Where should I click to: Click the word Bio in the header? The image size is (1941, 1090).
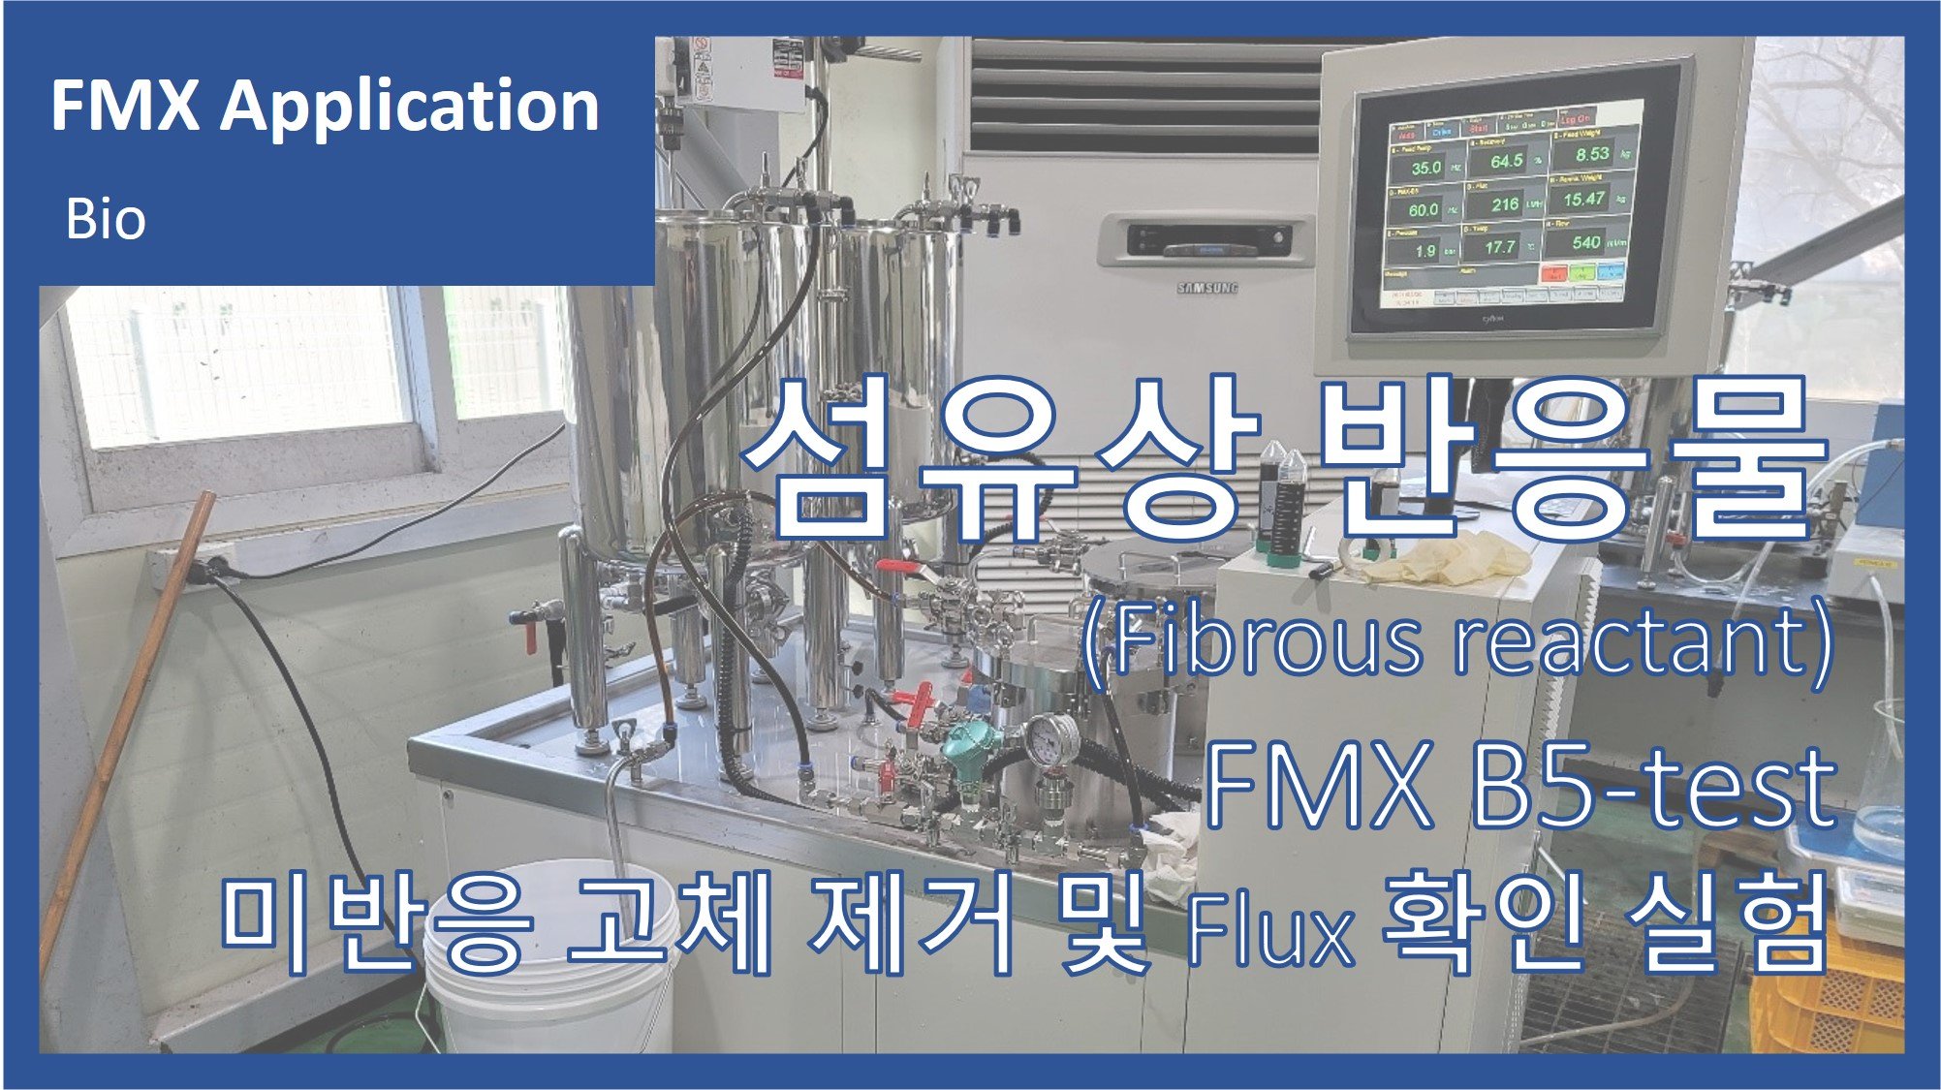click(x=106, y=220)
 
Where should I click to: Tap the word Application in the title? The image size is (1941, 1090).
click(x=409, y=107)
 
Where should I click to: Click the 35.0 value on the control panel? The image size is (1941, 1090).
click(x=1425, y=168)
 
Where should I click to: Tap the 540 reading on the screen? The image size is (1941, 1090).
click(x=1585, y=242)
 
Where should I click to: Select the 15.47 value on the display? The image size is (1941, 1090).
click(x=1583, y=200)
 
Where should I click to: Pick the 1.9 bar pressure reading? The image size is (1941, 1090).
click(x=1424, y=252)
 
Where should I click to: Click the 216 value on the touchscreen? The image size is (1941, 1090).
click(x=1504, y=204)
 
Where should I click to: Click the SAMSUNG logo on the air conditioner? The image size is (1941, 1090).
click(x=1206, y=288)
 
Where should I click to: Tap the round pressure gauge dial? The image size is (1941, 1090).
click(x=1054, y=743)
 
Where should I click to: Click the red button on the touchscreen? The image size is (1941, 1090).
click(x=1553, y=274)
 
